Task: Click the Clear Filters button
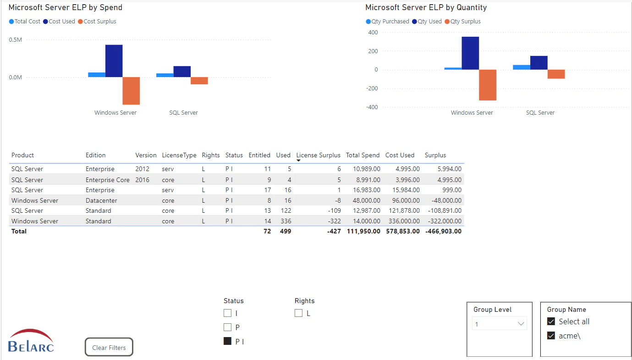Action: (109, 347)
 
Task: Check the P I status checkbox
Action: (227, 341)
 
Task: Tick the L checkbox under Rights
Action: (298, 313)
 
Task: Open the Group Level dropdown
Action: (499, 324)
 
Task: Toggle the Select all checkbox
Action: (551, 321)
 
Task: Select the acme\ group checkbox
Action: (551, 336)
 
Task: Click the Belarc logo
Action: (31, 340)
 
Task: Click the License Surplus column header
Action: (318, 155)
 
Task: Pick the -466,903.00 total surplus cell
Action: (443, 231)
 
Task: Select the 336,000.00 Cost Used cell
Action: (402, 221)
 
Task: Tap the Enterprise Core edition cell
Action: (107, 180)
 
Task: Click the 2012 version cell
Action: (142, 169)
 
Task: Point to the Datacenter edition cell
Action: (101, 200)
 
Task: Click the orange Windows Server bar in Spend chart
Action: (131, 91)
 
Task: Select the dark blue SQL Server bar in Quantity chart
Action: (539, 63)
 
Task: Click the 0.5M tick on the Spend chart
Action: (15, 40)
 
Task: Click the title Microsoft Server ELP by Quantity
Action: (426, 7)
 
